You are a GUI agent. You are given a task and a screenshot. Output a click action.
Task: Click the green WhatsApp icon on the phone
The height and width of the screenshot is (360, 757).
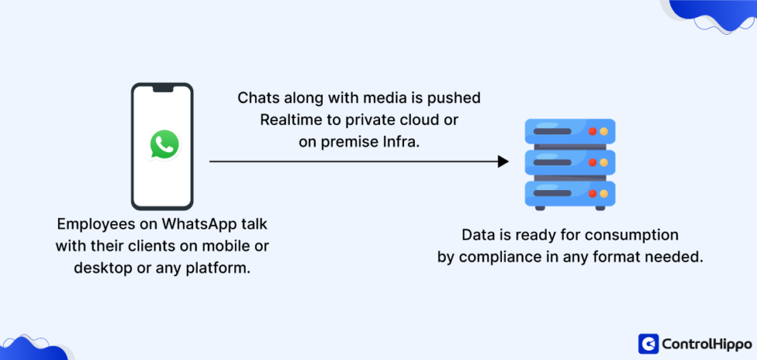point(164,144)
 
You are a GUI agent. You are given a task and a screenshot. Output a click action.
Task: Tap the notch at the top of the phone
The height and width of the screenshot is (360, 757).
point(162,89)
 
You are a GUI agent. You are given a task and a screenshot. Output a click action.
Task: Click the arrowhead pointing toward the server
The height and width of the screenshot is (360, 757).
point(503,161)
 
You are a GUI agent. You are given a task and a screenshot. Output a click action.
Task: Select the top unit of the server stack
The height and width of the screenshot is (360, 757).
point(569,131)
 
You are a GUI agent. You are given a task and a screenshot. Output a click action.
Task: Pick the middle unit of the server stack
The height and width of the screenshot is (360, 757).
point(569,162)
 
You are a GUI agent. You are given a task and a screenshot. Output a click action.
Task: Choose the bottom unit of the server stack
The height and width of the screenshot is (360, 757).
point(569,192)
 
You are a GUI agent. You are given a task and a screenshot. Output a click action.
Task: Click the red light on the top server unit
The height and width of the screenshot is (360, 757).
point(592,132)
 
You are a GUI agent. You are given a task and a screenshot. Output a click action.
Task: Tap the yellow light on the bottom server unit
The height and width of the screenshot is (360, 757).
point(604,192)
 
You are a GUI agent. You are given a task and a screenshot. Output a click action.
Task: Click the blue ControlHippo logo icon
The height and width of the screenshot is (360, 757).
point(648,343)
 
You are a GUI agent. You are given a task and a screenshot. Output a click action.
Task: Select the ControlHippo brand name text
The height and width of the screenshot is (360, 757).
point(701,344)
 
